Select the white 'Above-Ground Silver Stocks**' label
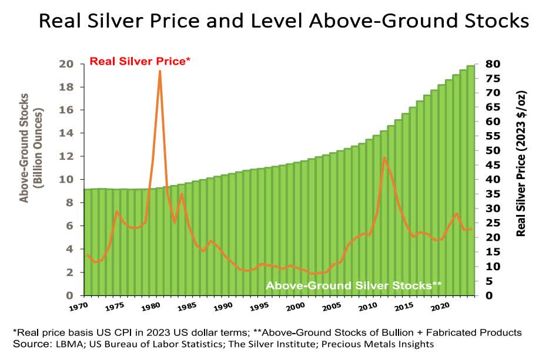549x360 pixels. click(354, 286)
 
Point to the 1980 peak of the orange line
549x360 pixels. click(159, 71)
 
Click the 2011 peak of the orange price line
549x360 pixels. click(384, 157)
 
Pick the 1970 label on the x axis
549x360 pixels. click(78, 307)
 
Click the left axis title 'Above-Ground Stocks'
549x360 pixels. click(25, 156)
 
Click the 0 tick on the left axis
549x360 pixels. click(69, 295)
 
